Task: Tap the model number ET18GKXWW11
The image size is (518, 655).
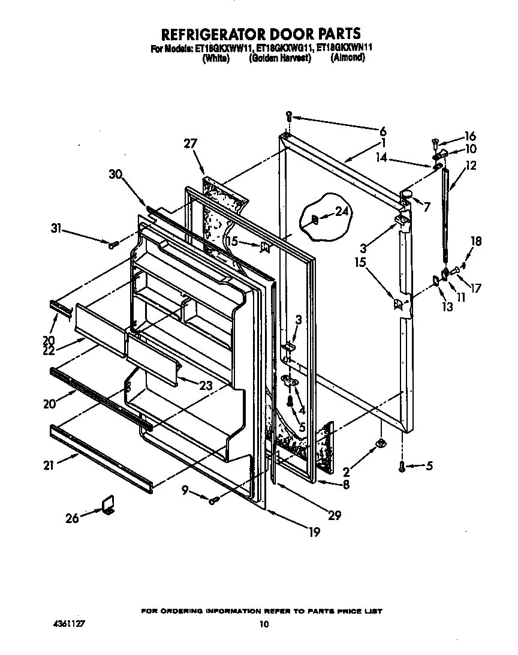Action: [x=222, y=49]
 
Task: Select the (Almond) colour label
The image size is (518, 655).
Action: [x=347, y=58]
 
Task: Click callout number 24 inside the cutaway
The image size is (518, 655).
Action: [x=342, y=211]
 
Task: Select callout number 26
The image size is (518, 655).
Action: [x=72, y=518]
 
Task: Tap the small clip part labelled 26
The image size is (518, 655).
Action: [x=109, y=505]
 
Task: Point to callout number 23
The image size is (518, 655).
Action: [x=205, y=387]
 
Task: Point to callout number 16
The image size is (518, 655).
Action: [x=469, y=136]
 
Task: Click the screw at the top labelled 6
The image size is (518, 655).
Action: [x=289, y=116]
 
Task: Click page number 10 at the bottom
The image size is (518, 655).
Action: [x=263, y=624]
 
